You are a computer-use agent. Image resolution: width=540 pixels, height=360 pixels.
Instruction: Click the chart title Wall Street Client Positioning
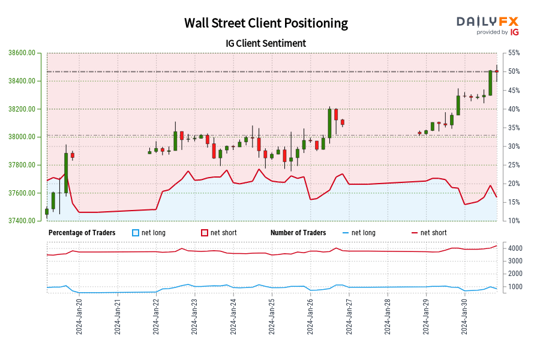pos(266,23)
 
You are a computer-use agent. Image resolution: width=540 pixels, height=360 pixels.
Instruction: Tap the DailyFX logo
pos(488,25)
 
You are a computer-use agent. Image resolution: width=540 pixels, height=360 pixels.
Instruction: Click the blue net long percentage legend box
pos(136,233)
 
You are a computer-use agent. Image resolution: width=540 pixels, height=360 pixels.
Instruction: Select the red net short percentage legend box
pos(205,233)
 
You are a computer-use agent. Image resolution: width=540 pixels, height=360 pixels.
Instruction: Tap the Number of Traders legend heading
pos(298,233)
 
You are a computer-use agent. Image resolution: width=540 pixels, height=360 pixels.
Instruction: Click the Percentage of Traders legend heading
pos(82,233)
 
